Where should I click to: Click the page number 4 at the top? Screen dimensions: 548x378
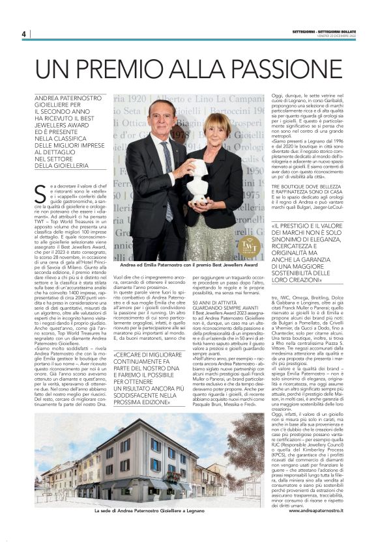[x=23, y=34]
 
